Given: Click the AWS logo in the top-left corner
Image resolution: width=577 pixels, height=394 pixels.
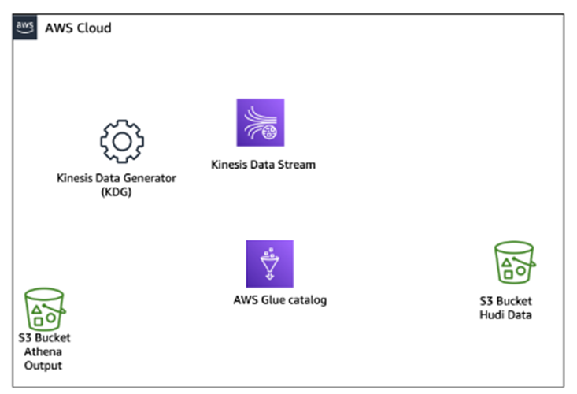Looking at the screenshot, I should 25,26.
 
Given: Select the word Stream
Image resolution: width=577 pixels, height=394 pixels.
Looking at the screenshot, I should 297,165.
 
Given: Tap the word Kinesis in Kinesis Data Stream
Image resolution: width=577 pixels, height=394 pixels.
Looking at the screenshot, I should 230,165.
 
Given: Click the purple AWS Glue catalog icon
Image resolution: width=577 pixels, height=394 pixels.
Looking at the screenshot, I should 269,264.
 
